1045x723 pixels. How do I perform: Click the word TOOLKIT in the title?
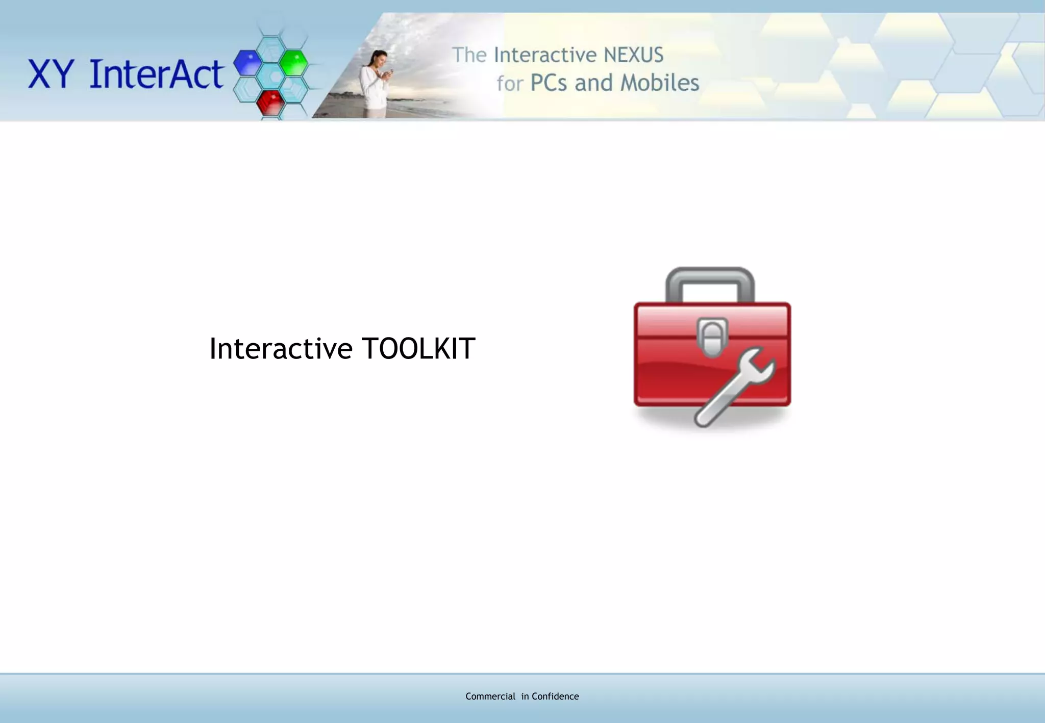(418, 349)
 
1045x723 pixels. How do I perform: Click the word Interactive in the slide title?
(281, 349)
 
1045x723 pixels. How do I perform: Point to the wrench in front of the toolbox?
(730, 393)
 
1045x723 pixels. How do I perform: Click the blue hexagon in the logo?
(247, 62)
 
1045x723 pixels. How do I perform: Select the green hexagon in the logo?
(294, 62)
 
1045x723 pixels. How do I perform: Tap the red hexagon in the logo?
(270, 102)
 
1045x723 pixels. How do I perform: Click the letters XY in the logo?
(51, 74)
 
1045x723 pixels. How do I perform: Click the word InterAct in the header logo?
(156, 74)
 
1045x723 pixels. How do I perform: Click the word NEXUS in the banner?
(633, 55)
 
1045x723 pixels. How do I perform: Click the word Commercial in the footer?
(490, 696)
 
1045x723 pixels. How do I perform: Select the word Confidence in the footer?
(555, 696)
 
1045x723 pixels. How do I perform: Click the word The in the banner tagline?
(469, 55)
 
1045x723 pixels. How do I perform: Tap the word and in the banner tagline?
(593, 83)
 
